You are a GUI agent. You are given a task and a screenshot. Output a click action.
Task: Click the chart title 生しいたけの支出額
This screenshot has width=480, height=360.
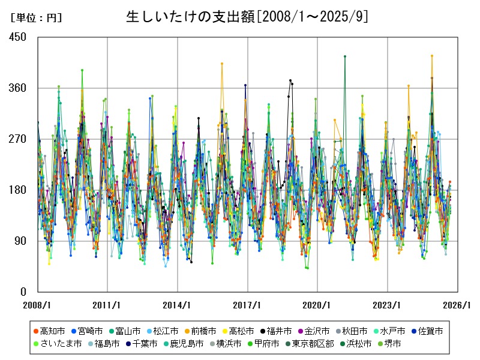click(247, 16)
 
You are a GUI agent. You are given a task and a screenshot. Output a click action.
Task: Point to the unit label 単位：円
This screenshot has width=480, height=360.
click(36, 18)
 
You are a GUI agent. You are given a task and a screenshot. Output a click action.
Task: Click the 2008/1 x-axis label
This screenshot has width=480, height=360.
click(37, 305)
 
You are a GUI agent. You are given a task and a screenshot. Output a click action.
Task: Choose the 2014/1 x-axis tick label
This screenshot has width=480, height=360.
click(177, 305)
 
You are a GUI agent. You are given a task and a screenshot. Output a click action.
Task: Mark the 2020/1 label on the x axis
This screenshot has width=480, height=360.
click(317, 305)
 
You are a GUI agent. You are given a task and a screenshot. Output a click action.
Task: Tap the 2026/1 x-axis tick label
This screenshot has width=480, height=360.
click(457, 305)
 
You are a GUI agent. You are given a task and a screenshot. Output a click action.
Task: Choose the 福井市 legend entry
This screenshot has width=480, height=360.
click(279, 331)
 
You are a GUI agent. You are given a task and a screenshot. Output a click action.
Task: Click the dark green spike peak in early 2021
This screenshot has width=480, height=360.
click(345, 56)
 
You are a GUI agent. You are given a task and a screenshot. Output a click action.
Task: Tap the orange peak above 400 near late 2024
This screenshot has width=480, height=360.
click(431, 56)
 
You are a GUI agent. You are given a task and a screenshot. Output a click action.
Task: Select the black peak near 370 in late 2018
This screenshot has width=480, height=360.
click(290, 80)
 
